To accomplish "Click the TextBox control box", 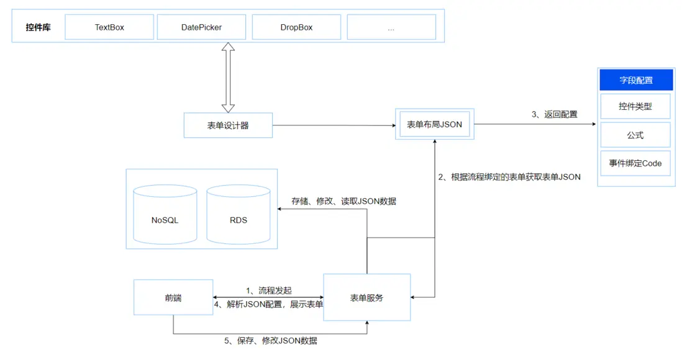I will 109,27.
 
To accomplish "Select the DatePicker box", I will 201,27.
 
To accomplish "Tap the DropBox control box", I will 296,27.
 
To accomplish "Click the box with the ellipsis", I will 391,27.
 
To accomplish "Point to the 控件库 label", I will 38,27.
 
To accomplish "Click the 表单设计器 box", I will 228,125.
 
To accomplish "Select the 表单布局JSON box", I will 434,124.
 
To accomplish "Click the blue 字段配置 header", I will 635,80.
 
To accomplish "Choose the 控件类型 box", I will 635,107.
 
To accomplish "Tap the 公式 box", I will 635,135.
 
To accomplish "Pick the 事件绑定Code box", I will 635,163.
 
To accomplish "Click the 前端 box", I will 173,298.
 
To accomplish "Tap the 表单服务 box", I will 366,297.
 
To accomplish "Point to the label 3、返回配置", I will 554,114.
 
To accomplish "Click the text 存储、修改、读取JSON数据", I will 343,201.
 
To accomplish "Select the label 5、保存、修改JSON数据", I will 270,341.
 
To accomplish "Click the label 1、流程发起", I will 268,290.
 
